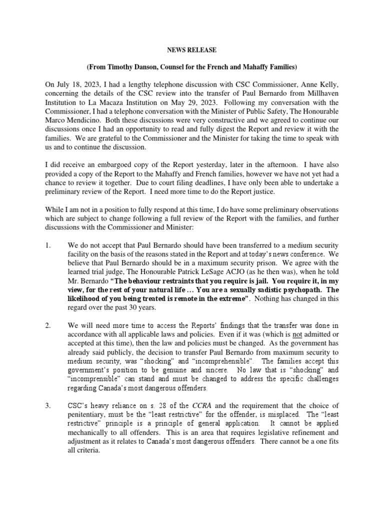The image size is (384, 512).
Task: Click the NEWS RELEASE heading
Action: click(191, 50)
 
